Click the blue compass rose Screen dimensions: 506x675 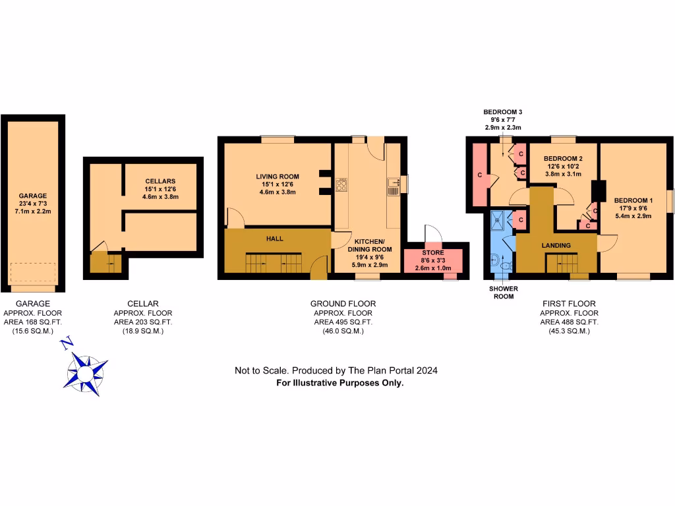tap(84, 372)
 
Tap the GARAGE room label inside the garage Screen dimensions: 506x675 tap(33, 196)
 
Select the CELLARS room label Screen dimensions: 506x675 tap(160, 181)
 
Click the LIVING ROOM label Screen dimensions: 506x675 tap(278, 177)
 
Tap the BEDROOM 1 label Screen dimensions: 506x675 tap(633, 200)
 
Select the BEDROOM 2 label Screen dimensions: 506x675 tap(562, 159)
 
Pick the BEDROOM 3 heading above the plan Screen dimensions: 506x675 tap(502, 112)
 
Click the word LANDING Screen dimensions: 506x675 tap(556, 246)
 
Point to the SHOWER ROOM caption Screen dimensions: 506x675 tap(504, 293)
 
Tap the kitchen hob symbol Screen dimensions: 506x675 tap(343, 184)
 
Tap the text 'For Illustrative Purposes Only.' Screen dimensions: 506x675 tap(339, 382)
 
